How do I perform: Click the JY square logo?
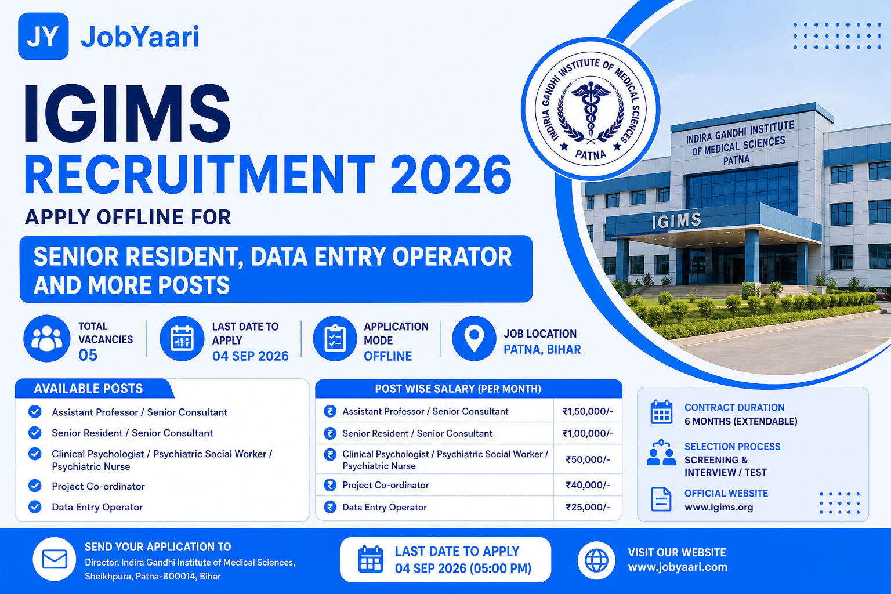tap(44, 36)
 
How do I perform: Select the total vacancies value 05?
tap(88, 355)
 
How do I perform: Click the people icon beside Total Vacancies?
tap(47, 339)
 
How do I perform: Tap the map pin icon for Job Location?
tap(474, 339)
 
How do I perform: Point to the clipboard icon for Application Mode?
tap(335, 339)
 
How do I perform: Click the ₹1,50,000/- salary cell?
tap(588, 411)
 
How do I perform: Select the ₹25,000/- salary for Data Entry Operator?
tap(588, 507)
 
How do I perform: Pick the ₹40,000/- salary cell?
tap(588, 485)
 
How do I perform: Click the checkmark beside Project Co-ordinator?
tap(35, 486)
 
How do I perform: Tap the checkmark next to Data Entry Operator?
tap(35, 507)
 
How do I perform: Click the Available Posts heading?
tap(88, 389)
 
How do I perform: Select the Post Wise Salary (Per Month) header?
tap(458, 389)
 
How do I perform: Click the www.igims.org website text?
tap(719, 508)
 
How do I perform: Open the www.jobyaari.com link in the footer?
tap(678, 567)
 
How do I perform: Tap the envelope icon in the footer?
tap(55, 559)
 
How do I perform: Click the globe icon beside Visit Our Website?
tap(596, 560)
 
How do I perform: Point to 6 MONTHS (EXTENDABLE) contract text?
tap(741, 421)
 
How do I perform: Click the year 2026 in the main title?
tap(451, 175)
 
